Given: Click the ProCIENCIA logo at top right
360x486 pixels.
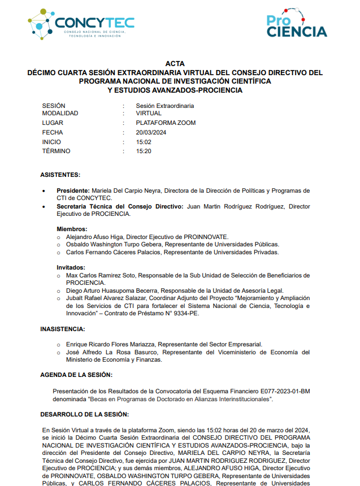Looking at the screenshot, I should (296, 24).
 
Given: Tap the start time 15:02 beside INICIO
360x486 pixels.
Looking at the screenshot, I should (144, 142).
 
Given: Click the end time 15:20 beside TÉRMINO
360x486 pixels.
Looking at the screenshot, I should (144, 151).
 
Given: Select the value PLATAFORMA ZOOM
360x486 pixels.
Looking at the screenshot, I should (166, 123).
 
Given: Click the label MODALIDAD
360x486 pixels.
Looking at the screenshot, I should (60, 113).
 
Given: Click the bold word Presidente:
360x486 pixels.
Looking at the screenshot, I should (73, 190).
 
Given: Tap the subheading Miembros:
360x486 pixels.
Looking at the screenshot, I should (72, 229).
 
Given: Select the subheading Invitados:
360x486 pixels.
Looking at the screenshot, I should (71, 267).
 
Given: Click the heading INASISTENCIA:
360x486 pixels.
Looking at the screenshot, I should (63, 328).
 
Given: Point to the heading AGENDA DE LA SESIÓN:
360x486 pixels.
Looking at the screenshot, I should (76, 375).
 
